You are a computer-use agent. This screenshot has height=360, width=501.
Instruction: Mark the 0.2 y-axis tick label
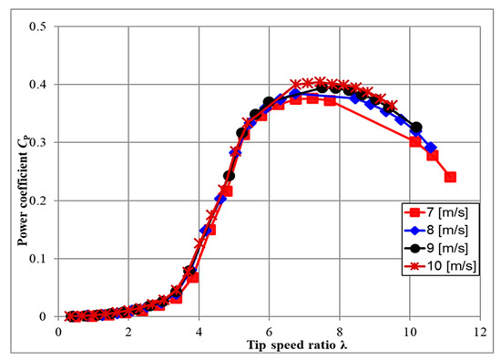tap(38, 201)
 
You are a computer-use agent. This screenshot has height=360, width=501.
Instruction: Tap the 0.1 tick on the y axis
tap(38, 259)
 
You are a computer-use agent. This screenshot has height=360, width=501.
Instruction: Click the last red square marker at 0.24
tap(450, 177)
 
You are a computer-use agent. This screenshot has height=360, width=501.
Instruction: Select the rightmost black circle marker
tap(416, 128)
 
